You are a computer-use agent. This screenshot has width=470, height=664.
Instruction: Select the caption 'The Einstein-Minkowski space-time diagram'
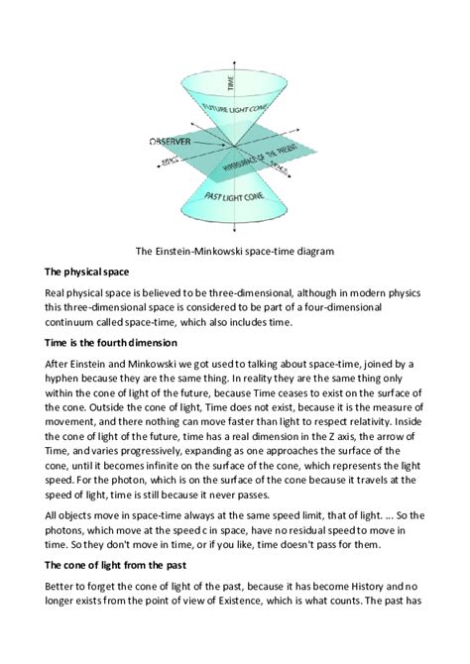[234, 251]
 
